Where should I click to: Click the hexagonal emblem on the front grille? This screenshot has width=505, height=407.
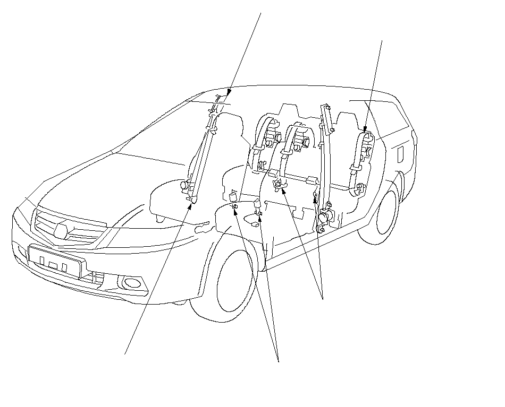(60, 229)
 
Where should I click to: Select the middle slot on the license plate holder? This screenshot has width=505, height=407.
(53, 264)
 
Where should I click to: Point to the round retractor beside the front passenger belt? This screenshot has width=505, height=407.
(186, 186)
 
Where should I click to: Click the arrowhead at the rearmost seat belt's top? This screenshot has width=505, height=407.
(365, 129)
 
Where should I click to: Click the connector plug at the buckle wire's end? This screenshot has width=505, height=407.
(256, 224)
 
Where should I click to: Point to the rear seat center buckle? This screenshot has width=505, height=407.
(277, 184)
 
